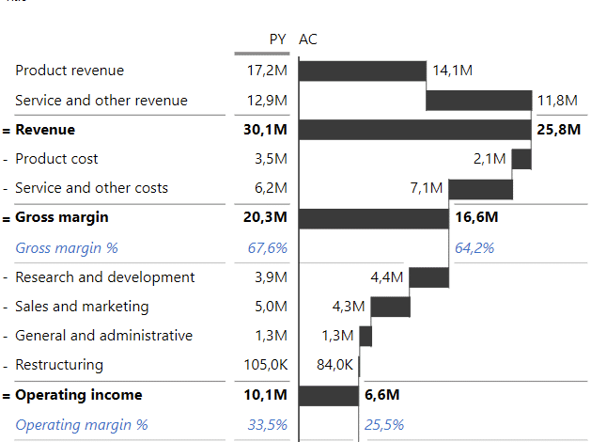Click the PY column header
pos(277,39)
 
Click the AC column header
pos(308,39)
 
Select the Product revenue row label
pos(70,71)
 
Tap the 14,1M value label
pos(452,71)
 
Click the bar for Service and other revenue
pos(478,101)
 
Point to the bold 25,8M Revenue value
pos(558,130)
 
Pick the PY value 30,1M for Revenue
pos(265,130)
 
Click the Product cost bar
pos(521,159)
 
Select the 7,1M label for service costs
pos(427,188)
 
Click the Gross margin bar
pos(373,218)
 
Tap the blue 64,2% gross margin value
pos(474,248)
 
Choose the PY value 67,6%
pos(267,248)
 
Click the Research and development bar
pos(428,276)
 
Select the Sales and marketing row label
pos(82,307)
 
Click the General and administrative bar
pos(365,336)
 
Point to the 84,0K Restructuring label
pos(335,365)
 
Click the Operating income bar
pos(329,395)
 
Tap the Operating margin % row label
pos(82,425)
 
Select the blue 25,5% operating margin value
pos(384,425)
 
